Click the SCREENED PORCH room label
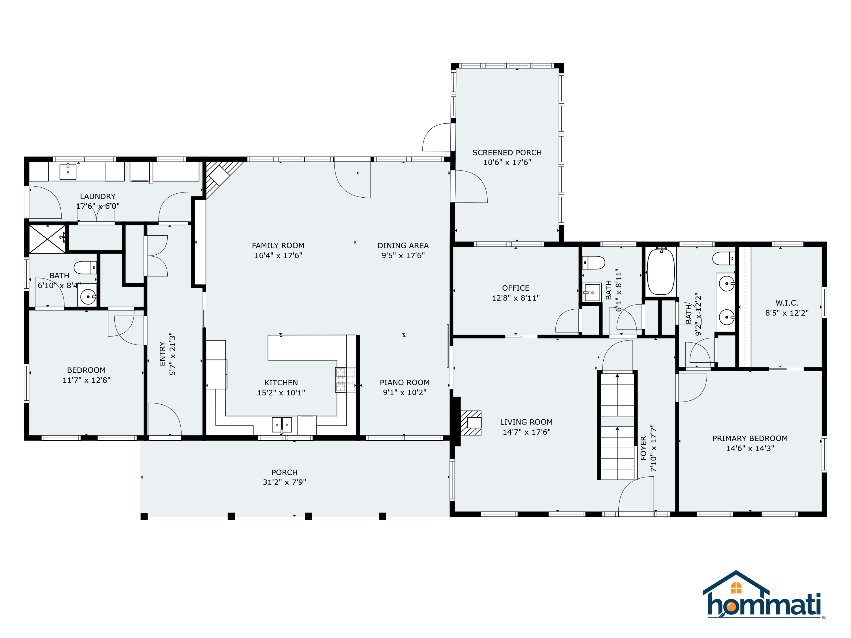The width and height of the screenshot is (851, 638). point(507,153)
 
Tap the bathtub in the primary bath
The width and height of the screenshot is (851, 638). point(661,272)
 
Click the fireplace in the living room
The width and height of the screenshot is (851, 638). point(471,423)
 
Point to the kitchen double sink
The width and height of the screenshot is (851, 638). point(282,424)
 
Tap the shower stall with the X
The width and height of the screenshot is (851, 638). point(47,239)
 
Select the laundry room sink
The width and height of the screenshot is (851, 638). point(68,172)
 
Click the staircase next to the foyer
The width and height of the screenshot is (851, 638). point(617,425)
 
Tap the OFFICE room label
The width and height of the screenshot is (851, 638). point(515,288)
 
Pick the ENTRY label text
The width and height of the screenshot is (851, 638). point(162,354)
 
